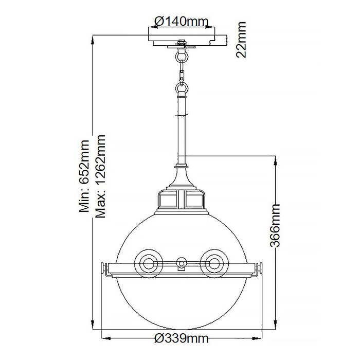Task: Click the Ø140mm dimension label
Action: pyautogui.click(x=181, y=21)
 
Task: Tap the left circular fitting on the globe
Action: pyautogui.click(x=149, y=263)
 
